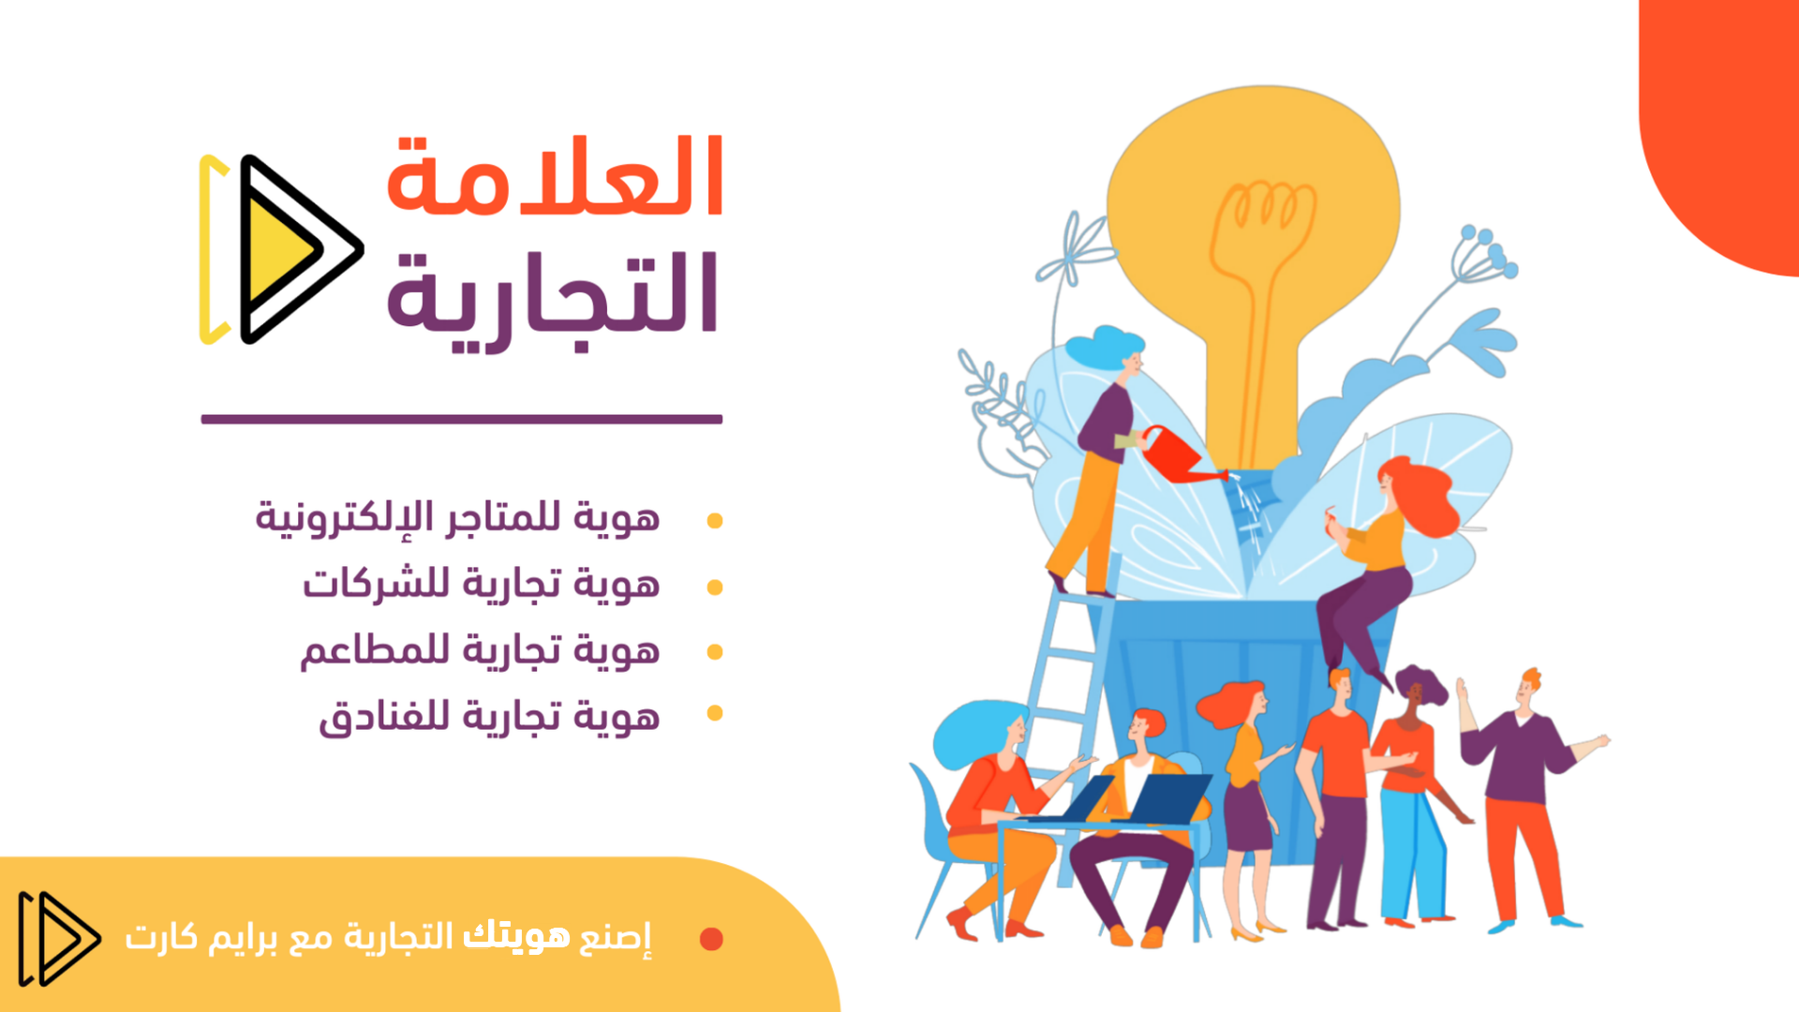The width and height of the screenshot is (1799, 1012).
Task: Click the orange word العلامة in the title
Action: [x=555, y=175]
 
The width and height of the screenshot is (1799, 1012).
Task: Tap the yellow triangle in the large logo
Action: [x=279, y=248]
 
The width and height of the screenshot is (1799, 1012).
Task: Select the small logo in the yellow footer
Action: [x=59, y=938]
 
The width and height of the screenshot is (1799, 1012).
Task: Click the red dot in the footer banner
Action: [x=711, y=938]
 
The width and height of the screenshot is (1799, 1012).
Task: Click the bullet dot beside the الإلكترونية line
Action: [x=715, y=521]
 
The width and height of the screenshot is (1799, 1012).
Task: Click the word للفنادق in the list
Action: [x=385, y=717]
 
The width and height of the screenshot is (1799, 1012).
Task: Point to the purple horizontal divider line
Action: [x=462, y=420]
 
